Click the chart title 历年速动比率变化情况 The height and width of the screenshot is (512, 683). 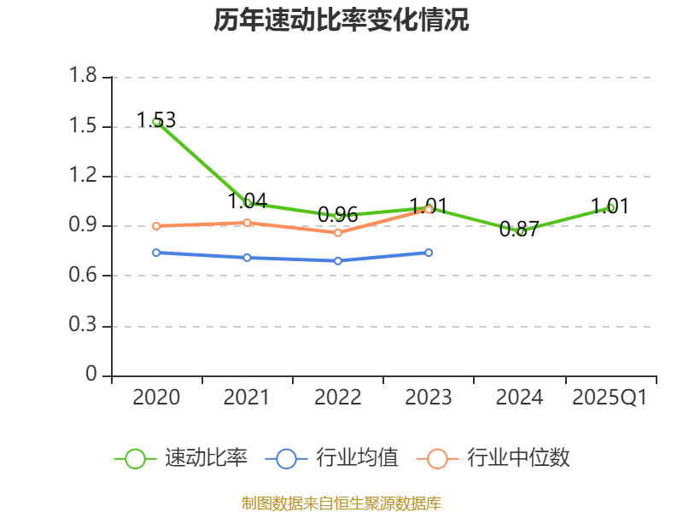click(341, 20)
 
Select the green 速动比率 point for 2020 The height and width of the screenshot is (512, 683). click(156, 122)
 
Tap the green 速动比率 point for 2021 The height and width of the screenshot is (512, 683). click(248, 203)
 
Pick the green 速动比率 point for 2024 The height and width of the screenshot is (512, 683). click(520, 231)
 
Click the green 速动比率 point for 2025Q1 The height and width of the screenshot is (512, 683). click(610, 207)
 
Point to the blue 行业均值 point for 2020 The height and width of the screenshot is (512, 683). click(156, 253)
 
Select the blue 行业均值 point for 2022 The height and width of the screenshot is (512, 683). click(338, 260)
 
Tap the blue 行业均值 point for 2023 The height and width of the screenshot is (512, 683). click(429, 253)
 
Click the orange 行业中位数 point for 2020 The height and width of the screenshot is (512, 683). click(156, 226)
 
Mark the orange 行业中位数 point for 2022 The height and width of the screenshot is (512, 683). click(338, 232)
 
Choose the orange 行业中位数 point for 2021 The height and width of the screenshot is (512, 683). click(248, 223)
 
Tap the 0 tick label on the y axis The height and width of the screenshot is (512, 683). click(92, 375)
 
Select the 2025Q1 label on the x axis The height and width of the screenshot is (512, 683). click(610, 398)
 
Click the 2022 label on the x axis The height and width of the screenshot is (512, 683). click(338, 398)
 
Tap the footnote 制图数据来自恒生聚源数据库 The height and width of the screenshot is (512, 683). click(341, 503)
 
